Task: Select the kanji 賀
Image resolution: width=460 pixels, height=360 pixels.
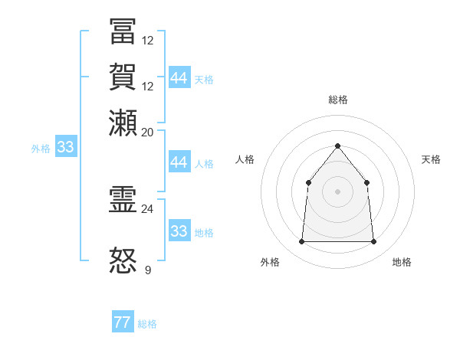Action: point(123,77)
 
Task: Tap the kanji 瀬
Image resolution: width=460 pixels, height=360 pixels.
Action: point(123,123)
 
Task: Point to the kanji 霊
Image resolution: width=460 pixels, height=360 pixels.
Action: point(123,201)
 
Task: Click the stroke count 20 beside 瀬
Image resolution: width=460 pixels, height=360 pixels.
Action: point(148,132)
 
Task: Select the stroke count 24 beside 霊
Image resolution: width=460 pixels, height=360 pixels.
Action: point(148,208)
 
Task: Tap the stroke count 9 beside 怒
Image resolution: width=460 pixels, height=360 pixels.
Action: point(148,270)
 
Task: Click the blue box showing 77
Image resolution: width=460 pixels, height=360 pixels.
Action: point(123,322)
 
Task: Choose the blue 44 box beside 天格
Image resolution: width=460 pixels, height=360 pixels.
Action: point(179,78)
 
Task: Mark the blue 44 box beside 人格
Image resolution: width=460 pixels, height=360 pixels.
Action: point(179,162)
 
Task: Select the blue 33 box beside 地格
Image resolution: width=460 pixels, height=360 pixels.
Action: point(179,231)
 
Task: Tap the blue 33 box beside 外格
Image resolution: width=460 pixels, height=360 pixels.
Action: point(65,148)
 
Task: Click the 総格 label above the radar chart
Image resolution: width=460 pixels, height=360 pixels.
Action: point(337,100)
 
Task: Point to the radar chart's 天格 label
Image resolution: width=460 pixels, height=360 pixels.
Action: point(431,159)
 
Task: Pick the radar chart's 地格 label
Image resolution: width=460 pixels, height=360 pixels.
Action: point(402,262)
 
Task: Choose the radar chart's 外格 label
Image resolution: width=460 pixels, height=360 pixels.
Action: point(270,262)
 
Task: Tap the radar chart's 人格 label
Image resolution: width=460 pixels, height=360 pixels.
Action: point(245,159)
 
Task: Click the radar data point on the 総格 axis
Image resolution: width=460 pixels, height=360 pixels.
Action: point(337,146)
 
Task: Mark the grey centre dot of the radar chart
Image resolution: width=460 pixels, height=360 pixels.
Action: point(337,191)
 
